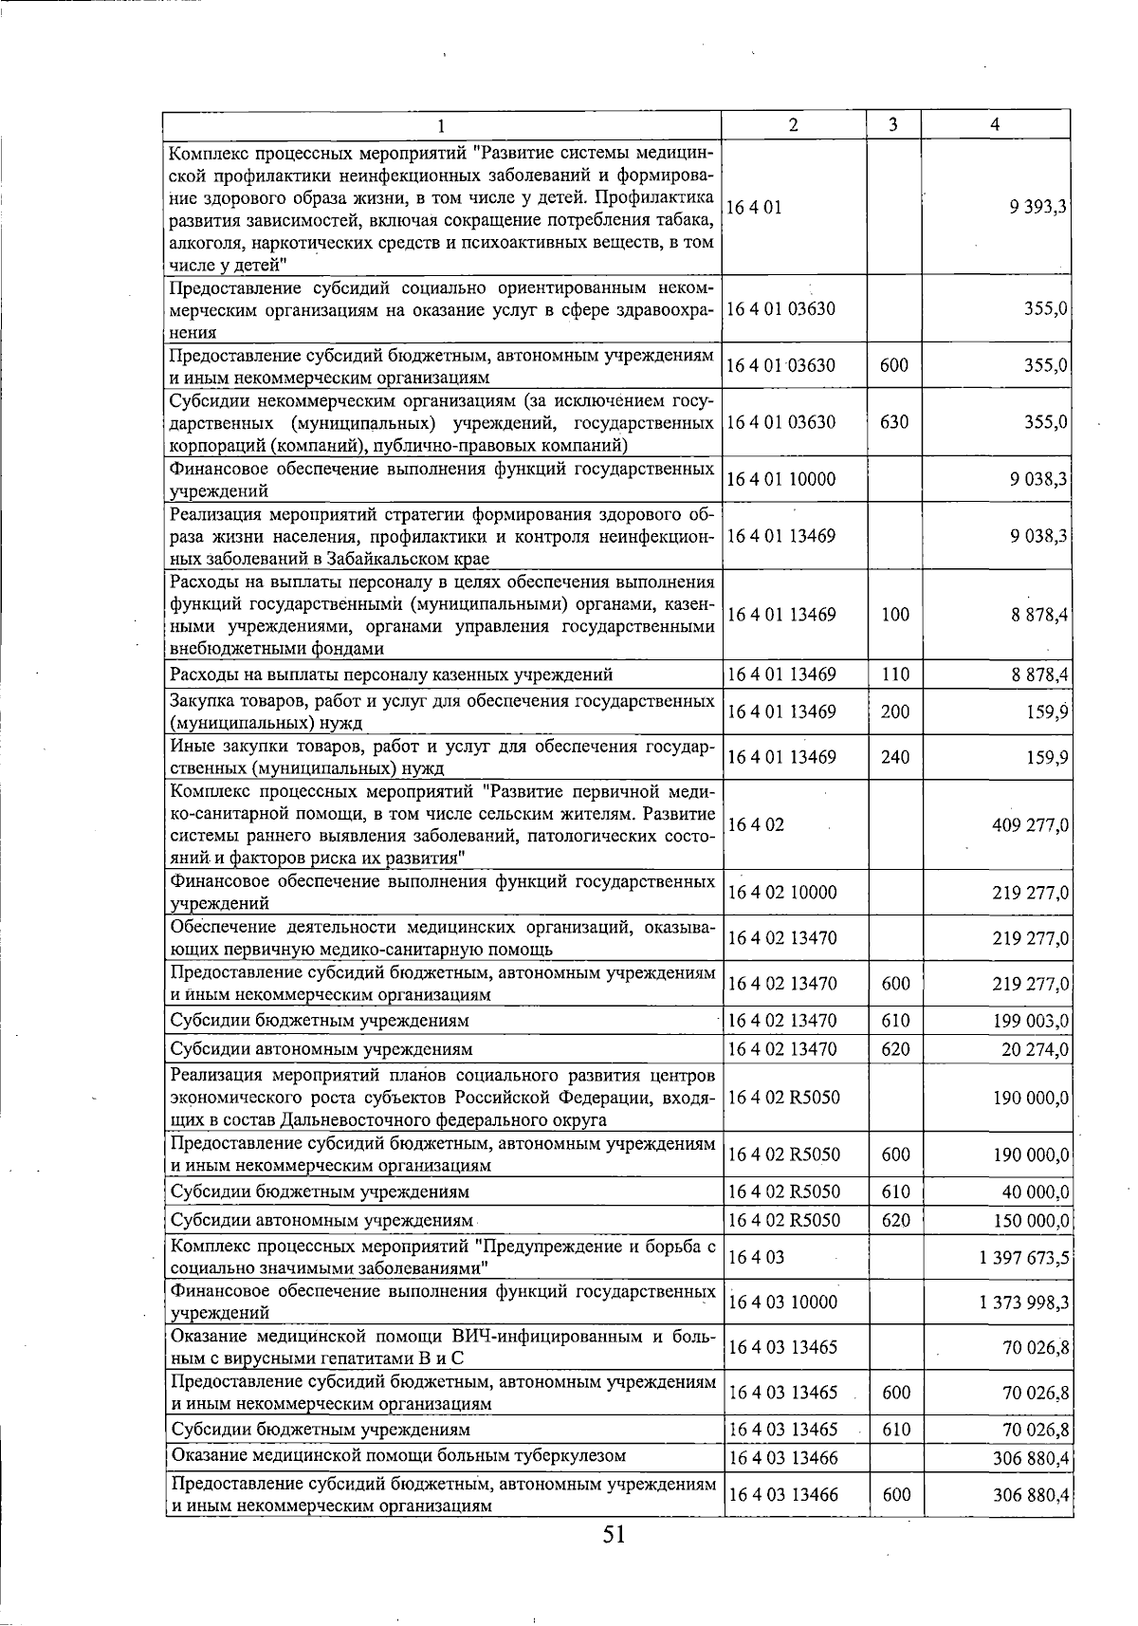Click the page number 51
pos(614,1535)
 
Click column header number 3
pos(893,125)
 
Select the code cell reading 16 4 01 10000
pos(781,479)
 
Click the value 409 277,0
pos(1030,825)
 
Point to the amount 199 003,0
pos(1030,1021)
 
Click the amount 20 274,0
pos(1035,1049)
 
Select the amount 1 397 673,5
pos(1024,1258)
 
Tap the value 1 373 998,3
pos(1024,1303)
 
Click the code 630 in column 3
pos(894,422)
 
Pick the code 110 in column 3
pos(894,674)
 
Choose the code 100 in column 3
pos(894,615)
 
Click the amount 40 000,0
pos(1035,1192)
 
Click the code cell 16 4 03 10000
pos(781,1303)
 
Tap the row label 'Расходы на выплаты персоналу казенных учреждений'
pos(391,674)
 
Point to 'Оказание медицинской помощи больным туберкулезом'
pos(397,1455)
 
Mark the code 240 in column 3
pos(894,757)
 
